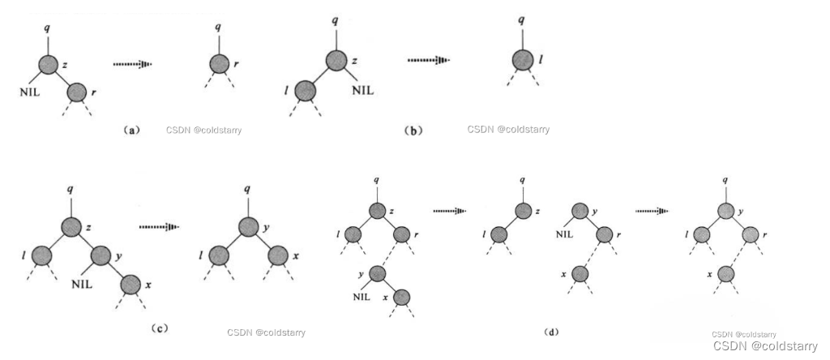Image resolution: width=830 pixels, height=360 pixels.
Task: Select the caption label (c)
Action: pos(159,328)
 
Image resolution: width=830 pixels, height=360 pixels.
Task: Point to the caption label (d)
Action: pos(551,332)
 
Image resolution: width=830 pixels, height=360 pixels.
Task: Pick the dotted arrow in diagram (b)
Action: pos(428,60)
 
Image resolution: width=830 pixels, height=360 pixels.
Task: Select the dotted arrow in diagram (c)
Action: pos(159,228)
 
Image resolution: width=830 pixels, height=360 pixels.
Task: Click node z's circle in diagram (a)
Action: pos(48,65)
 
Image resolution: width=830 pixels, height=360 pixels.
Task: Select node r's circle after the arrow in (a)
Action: pos(217,63)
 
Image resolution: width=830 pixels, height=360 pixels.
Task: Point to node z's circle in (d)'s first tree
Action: pos(377,211)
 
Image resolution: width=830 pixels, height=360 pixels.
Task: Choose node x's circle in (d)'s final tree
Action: pos(725,273)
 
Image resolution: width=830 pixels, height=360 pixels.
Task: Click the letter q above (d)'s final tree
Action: pos(724,180)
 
